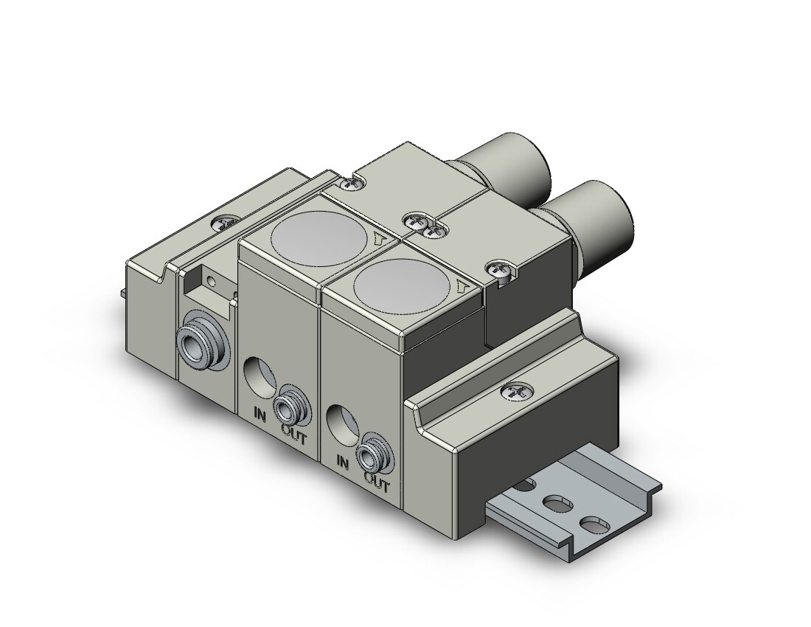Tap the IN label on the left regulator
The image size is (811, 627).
tap(260, 415)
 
